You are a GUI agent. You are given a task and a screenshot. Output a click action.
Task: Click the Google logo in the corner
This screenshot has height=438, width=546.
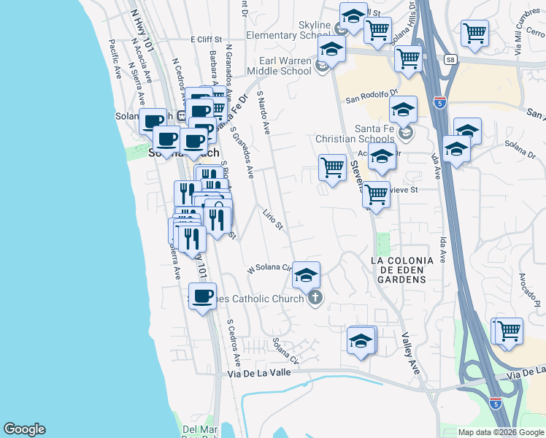click(x=24, y=429)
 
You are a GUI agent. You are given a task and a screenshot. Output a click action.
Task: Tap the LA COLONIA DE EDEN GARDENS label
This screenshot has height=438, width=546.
click(x=401, y=265)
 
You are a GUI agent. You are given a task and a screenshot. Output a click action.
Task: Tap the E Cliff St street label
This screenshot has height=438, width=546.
click(x=209, y=39)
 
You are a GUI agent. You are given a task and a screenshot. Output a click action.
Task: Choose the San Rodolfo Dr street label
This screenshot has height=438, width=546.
click(x=371, y=96)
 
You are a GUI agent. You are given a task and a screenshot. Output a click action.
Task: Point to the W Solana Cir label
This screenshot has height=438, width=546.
click(x=269, y=269)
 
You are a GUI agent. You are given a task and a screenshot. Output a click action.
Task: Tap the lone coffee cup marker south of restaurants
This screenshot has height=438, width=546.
click(x=202, y=296)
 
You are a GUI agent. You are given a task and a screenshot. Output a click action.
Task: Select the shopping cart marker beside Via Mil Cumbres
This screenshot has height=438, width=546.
click(x=474, y=32)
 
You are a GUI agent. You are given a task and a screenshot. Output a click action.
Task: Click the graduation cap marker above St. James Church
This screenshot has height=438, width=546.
click(x=307, y=274)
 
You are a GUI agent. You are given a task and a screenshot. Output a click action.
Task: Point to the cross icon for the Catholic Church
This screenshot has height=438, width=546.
click(x=315, y=298)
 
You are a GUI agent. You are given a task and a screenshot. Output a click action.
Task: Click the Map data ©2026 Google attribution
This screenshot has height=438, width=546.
click(x=501, y=432)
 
